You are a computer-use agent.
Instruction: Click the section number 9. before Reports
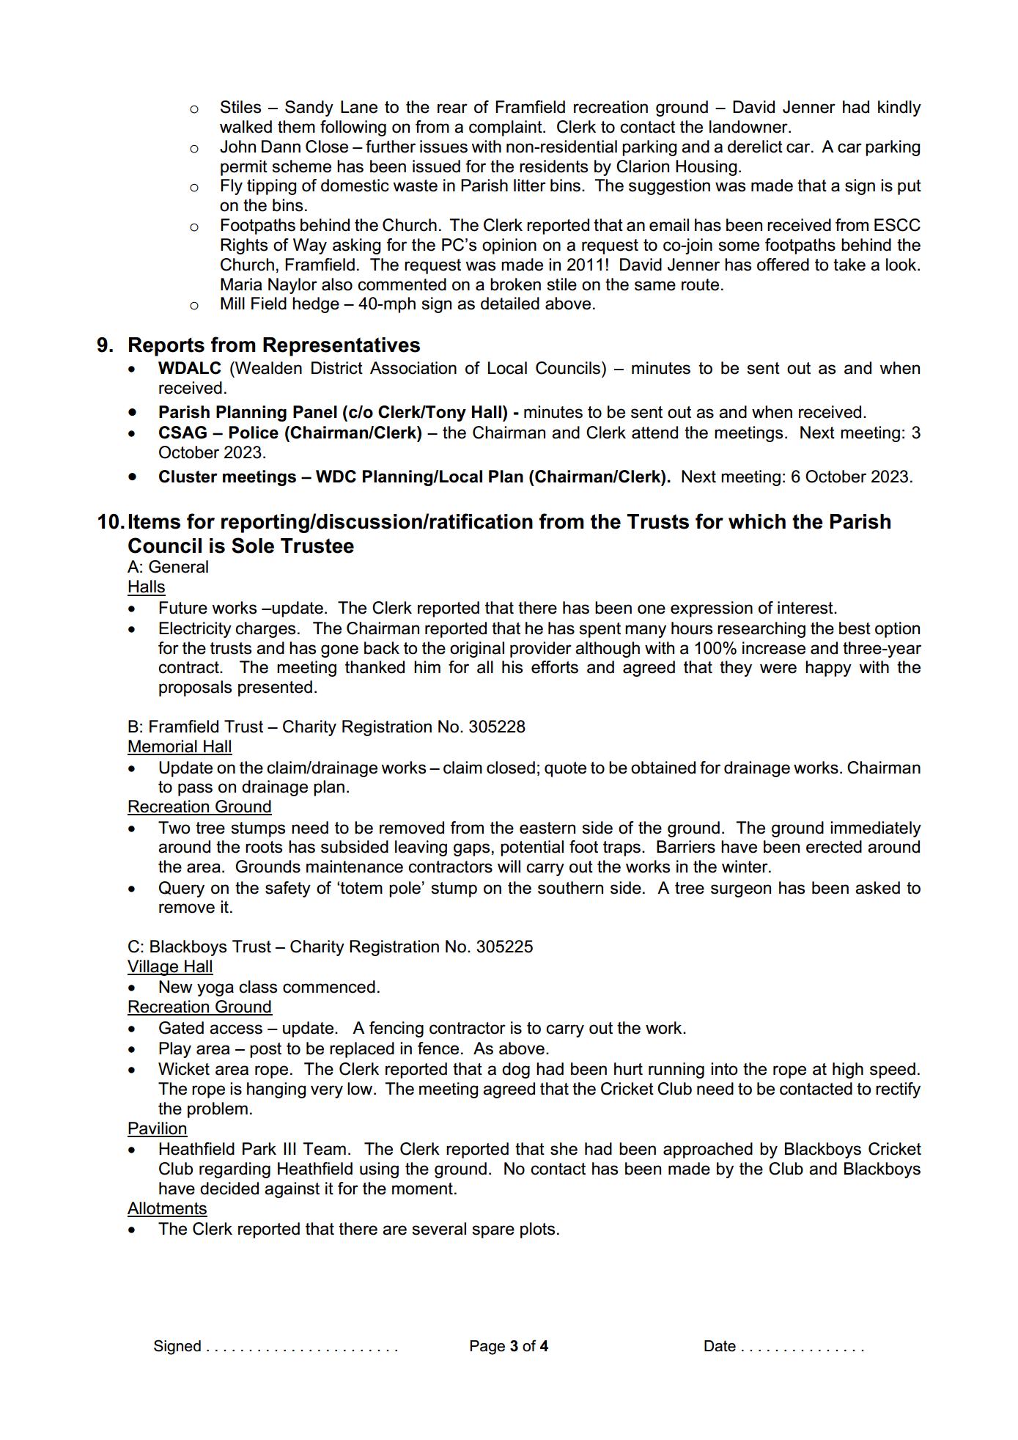(x=105, y=345)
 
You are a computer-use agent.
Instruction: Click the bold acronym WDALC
(x=189, y=368)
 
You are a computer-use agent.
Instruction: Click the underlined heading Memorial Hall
(x=180, y=746)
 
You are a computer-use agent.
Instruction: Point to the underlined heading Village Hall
(x=170, y=966)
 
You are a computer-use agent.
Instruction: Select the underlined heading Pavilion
(x=157, y=1128)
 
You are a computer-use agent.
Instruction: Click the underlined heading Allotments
(x=167, y=1208)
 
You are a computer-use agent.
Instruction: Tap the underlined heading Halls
(x=146, y=587)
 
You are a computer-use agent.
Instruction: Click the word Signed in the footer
(x=177, y=1346)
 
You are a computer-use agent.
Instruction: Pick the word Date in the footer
(x=719, y=1346)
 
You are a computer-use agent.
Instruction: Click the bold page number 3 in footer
(x=514, y=1346)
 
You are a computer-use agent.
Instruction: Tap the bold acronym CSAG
(x=182, y=433)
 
